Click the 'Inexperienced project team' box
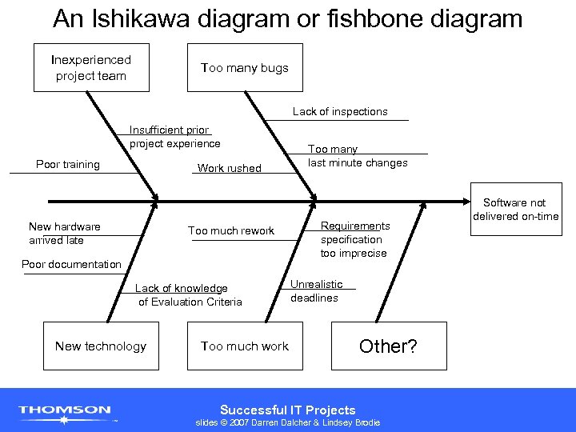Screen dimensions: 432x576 click(x=91, y=68)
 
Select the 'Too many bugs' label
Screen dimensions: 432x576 click(x=245, y=68)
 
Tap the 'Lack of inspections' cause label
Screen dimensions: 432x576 click(x=340, y=112)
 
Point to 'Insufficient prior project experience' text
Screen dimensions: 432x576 click(x=174, y=137)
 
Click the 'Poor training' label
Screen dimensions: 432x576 click(x=68, y=165)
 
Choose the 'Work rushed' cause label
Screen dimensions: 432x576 click(x=229, y=168)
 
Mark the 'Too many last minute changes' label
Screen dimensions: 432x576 click(x=358, y=156)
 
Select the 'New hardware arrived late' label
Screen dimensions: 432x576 click(x=65, y=234)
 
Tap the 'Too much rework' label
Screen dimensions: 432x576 click(x=231, y=231)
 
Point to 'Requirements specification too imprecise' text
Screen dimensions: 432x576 click(x=355, y=240)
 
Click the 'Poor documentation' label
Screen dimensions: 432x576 click(x=71, y=265)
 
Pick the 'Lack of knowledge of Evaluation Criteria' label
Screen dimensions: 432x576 click(x=188, y=295)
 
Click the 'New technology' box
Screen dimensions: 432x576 click(x=101, y=346)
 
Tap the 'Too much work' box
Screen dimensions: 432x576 click(x=245, y=346)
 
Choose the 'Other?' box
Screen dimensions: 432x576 click(x=389, y=346)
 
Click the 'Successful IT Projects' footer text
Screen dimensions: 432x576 click(x=288, y=410)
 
